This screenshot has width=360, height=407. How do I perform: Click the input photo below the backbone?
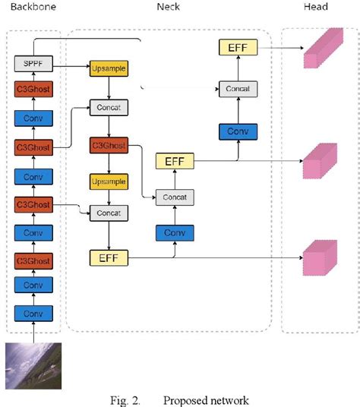(x=32, y=364)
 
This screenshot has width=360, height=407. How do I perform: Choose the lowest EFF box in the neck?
(x=108, y=259)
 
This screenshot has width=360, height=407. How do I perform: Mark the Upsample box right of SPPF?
(x=108, y=68)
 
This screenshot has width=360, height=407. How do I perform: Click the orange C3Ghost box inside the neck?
(x=108, y=144)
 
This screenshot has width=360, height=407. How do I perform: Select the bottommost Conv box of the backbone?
(x=33, y=313)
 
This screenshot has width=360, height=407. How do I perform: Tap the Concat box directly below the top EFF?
(x=238, y=89)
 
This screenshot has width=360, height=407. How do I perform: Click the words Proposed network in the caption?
(x=206, y=400)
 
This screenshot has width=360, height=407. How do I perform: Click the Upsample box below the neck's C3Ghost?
(x=108, y=183)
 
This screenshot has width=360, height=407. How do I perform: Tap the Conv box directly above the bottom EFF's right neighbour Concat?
(x=175, y=232)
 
